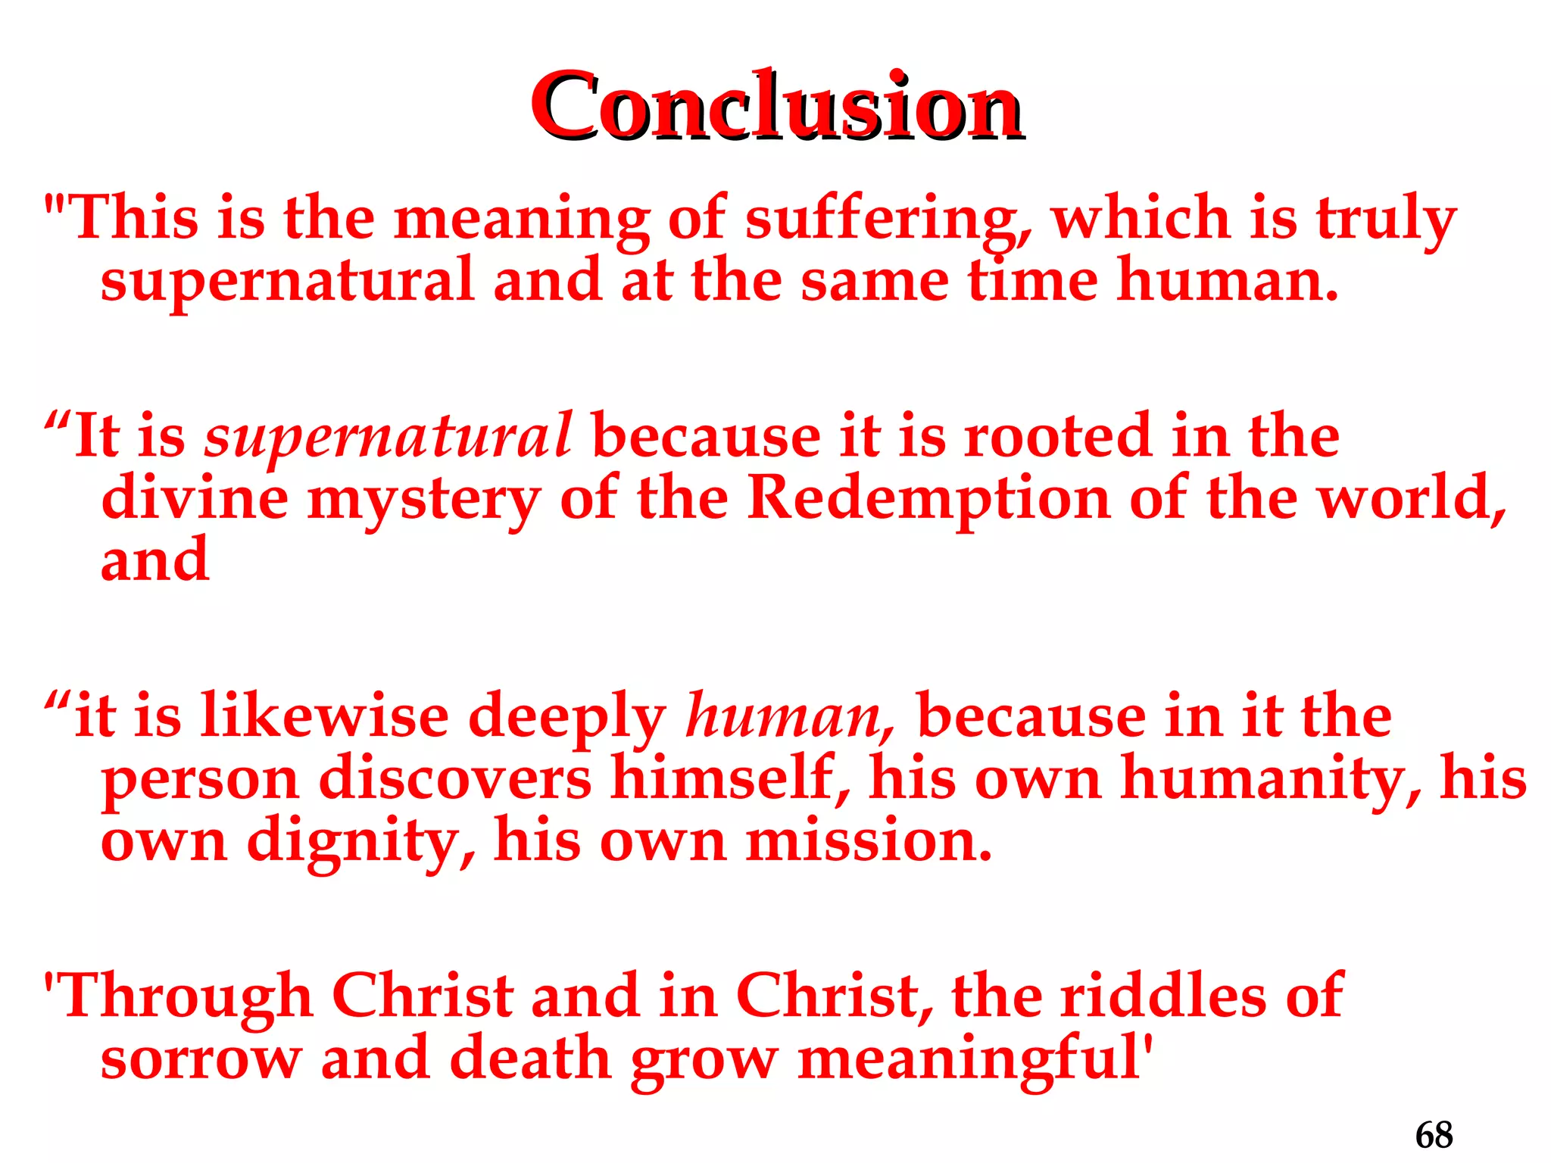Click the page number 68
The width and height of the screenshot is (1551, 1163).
[1434, 1135]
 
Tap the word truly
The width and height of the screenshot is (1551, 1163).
[1385, 220]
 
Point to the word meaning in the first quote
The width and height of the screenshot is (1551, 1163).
[522, 220]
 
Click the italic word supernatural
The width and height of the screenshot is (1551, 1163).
[388, 438]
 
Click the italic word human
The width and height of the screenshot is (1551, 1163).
[788, 717]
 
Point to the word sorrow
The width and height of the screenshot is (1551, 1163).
[201, 1060]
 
